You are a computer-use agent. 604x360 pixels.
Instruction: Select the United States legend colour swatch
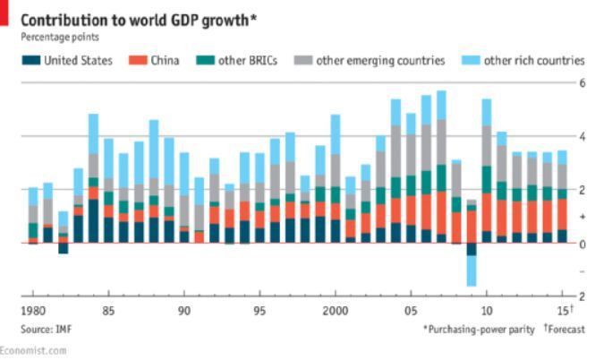click(31, 61)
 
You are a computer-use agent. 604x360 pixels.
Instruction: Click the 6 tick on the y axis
click(582, 82)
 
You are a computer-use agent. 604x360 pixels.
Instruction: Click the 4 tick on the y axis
click(582, 136)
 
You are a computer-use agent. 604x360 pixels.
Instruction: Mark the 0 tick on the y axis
click(582, 244)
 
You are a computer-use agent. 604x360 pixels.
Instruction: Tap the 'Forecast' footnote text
click(565, 329)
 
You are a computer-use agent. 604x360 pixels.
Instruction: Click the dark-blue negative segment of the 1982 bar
click(63, 248)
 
